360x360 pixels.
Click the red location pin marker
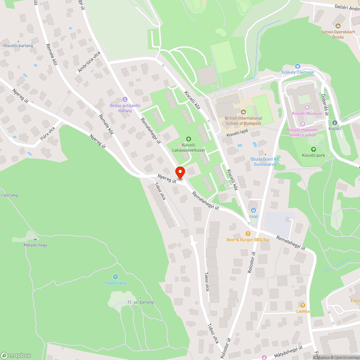[x=180, y=172]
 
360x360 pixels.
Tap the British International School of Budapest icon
[x=243, y=112]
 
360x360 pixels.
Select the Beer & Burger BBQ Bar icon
[x=248, y=234]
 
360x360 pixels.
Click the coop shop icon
[x=253, y=210]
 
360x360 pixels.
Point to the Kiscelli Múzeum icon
[x=307, y=107]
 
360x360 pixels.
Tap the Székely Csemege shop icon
[x=297, y=66]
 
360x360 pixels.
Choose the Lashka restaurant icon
[x=303, y=305]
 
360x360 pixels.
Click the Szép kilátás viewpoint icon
[x=116, y=277]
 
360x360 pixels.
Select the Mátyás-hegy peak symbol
[x=35, y=239]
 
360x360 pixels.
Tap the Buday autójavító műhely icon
[x=125, y=99]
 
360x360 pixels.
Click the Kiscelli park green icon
[x=313, y=149]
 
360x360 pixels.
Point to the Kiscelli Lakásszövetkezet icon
[x=188, y=139]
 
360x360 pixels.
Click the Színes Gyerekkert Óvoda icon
[x=338, y=26]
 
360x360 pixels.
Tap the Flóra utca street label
[x=48, y=133]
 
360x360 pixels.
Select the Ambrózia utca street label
[x=89, y=62]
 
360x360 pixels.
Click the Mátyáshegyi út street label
[x=288, y=350]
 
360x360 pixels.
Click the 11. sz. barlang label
[x=140, y=302]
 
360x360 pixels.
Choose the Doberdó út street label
[x=325, y=104]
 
